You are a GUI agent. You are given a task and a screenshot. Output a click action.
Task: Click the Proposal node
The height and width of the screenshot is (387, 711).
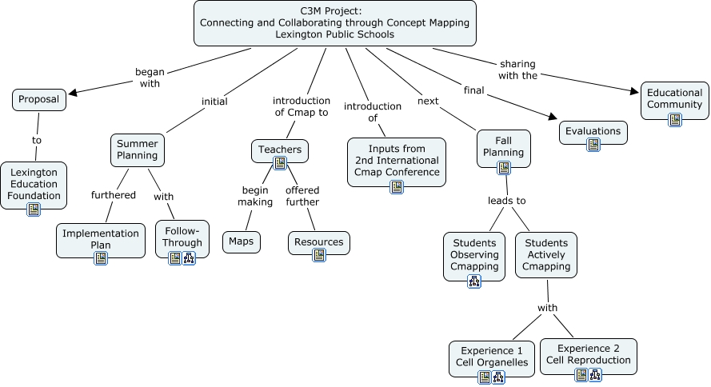[x=39, y=100]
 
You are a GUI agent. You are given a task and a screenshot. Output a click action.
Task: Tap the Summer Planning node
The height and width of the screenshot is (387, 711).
[x=138, y=149]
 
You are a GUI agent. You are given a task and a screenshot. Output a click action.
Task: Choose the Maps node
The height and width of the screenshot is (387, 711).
[x=241, y=241]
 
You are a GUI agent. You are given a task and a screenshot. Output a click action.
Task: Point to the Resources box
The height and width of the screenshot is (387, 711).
[x=319, y=241]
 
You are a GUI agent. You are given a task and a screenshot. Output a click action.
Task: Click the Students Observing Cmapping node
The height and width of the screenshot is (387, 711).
[x=474, y=255]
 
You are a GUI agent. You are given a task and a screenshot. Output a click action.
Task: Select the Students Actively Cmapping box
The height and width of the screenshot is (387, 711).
[x=547, y=255]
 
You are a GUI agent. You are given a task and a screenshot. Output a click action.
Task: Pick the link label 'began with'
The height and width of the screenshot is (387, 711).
[x=149, y=77]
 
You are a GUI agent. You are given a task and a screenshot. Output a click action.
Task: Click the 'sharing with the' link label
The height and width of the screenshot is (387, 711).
[x=517, y=70]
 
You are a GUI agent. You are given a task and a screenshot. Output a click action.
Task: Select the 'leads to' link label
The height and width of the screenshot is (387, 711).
[x=507, y=201]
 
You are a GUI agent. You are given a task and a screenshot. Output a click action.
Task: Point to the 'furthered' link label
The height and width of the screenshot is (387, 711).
[x=114, y=195]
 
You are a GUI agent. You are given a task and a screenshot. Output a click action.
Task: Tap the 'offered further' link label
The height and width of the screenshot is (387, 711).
[x=302, y=196]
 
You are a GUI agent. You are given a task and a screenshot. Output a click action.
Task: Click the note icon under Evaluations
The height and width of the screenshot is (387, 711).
[x=593, y=145]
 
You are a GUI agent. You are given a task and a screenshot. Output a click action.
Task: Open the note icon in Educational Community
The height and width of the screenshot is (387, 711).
[x=675, y=120]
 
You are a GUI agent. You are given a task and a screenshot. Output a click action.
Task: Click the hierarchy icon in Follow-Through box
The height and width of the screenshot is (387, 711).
[x=189, y=257]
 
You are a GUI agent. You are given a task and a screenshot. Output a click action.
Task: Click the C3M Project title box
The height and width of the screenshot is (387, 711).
[x=335, y=22]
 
